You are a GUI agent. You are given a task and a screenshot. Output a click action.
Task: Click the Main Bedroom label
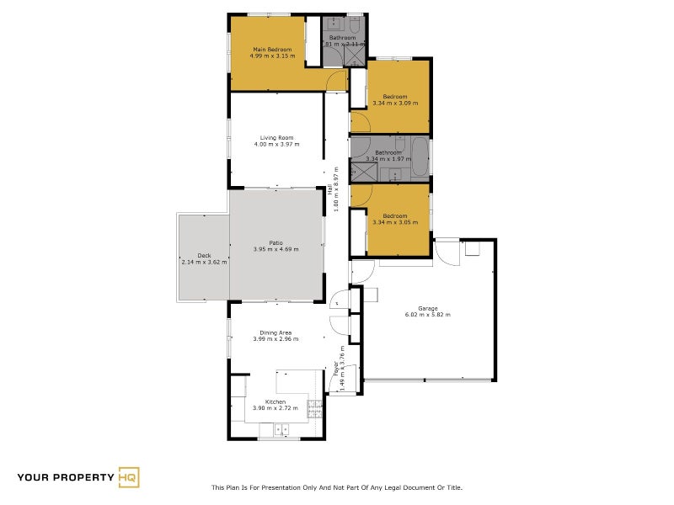coord(272,50)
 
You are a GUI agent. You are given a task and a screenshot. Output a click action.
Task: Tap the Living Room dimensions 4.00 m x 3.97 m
coord(276,144)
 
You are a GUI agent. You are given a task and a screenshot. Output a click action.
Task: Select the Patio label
coord(275,242)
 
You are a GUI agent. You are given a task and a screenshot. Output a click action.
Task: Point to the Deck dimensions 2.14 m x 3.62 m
coord(203,262)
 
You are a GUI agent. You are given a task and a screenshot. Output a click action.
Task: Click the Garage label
coord(427,308)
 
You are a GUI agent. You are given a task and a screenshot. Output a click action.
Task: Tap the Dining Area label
coord(275,332)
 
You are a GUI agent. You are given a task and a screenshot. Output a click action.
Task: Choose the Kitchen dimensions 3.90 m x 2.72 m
coord(275,408)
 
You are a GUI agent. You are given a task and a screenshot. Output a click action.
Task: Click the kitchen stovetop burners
coord(314,408)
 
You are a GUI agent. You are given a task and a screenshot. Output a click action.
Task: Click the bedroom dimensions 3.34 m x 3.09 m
coord(395,103)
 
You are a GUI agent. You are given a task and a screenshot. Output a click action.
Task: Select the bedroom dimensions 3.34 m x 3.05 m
coord(395,221)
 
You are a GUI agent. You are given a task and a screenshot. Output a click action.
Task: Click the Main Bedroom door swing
coord(336,81)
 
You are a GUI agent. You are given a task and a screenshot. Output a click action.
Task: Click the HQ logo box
coord(128,477)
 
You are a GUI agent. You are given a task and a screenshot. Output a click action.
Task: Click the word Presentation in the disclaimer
coord(291,487)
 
